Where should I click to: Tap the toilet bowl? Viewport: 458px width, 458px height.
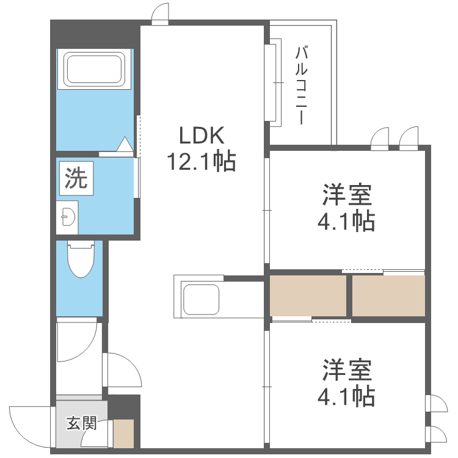coord(81,260)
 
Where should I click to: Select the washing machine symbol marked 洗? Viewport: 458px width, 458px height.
coord(76,178)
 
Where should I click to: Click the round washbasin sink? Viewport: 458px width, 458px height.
coord(67,216)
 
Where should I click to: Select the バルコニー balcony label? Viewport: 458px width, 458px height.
coord(300,85)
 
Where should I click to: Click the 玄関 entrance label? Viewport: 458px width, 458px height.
coord(81,423)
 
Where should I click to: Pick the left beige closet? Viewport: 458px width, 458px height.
coord(308,296)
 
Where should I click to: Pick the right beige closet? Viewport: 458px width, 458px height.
coord(388,296)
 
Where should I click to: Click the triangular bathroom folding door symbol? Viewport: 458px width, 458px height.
coord(124,145)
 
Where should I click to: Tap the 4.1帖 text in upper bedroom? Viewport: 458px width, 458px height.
coord(346,222)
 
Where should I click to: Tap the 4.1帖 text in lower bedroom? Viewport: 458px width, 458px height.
coord(346,397)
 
